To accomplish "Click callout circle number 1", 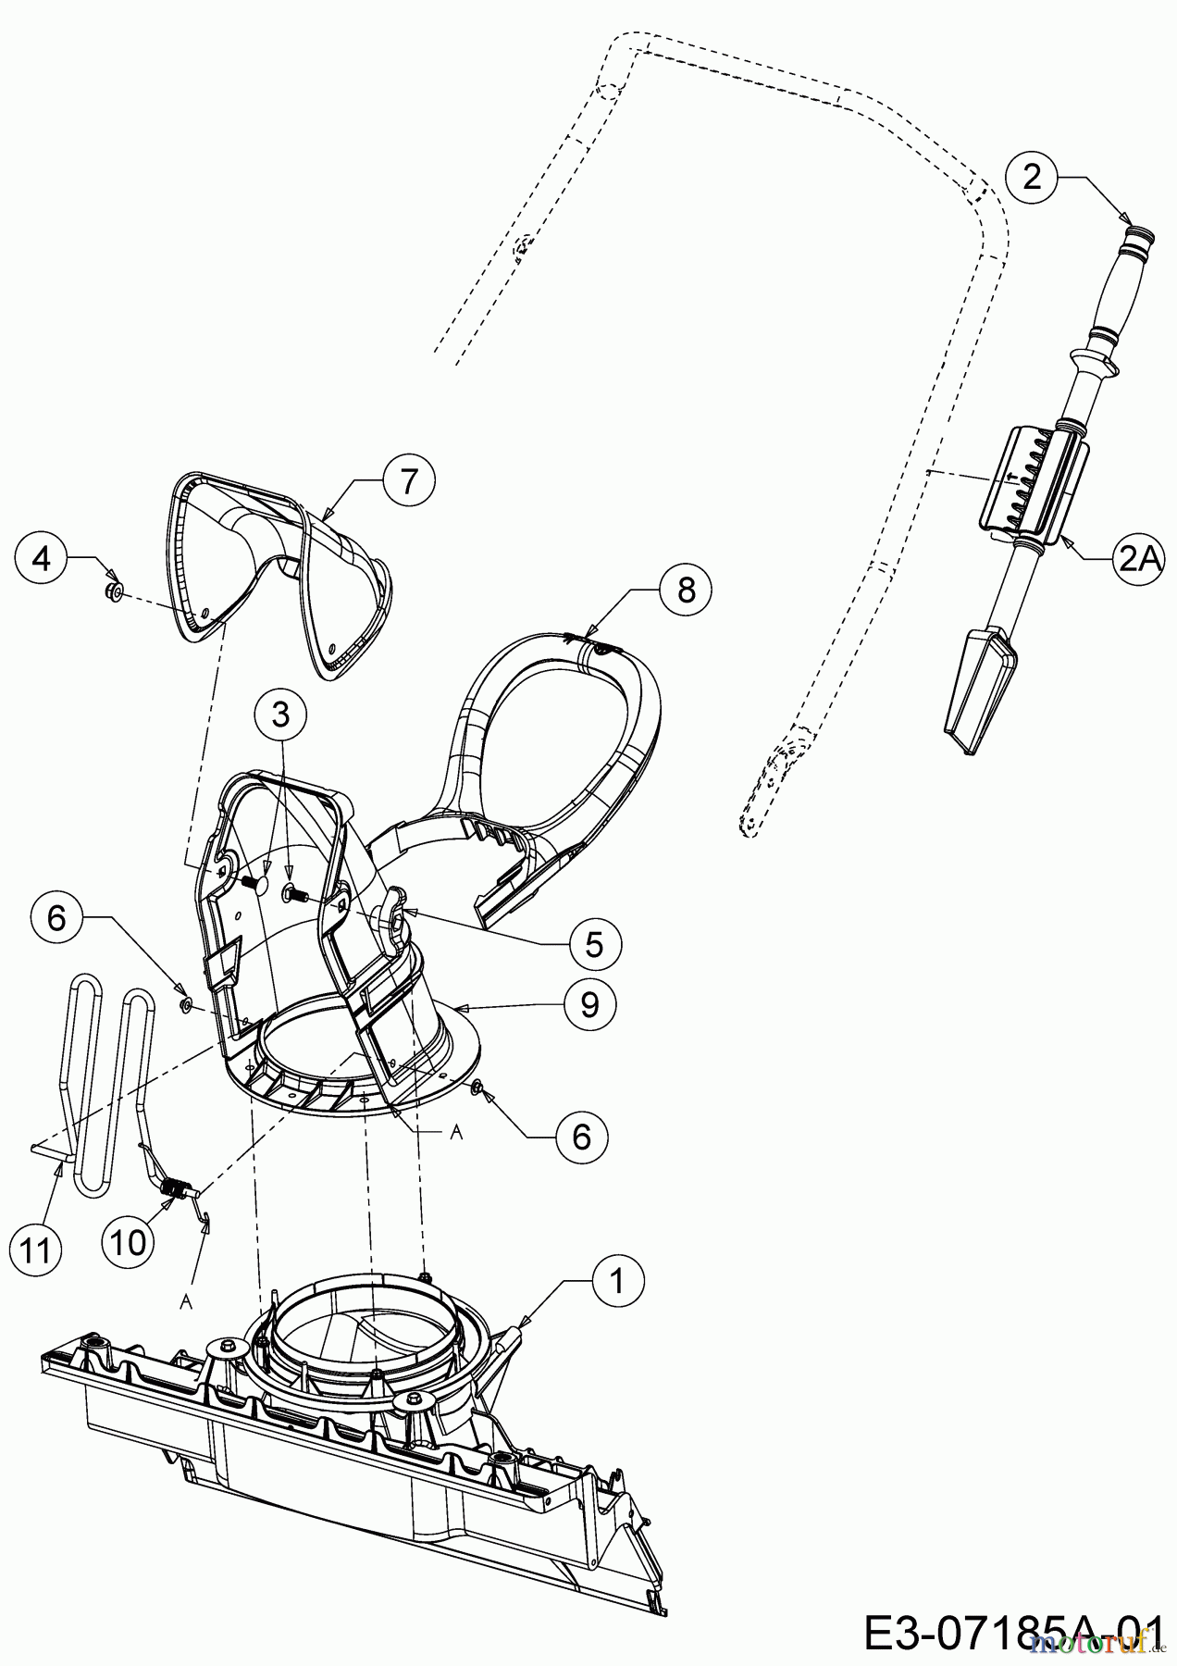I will pyautogui.click(x=617, y=1281).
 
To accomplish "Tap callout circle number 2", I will pyautogui.click(x=1032, y=177).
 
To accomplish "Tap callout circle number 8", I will pyautogui.click(x=686, y=590).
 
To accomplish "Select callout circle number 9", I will pyautogui.click(x=588, y=1004).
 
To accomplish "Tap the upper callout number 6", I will pyautogui.click(x=56, y=918).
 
